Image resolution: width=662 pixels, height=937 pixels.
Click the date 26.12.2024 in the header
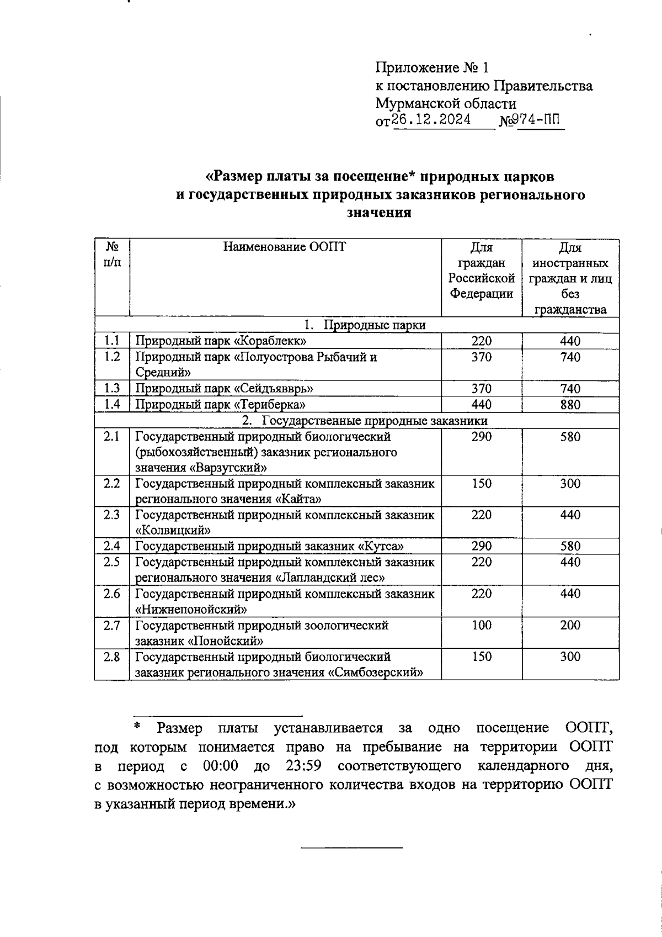(x=431, y=120)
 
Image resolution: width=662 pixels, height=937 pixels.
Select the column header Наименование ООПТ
(x=285, y=247)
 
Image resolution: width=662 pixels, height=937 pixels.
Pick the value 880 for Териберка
(x=570, y=405)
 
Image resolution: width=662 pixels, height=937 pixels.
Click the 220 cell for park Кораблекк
(x=481, y=341)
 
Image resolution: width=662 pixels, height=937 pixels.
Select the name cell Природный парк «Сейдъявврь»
(x=225, y=389)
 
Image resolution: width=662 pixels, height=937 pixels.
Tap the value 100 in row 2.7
(x=481, y=626)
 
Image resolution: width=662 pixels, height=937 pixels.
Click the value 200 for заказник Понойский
(x=570, y=626)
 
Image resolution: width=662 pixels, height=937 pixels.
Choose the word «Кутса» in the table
(x=381, y=547)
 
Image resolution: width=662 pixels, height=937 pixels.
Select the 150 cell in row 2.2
(x=481, y=484)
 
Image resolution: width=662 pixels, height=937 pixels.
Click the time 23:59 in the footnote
(x=304, y=766)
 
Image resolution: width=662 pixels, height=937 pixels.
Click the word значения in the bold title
(x=379, y=213)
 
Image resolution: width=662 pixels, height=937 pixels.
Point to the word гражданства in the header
(x=570, y=310)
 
